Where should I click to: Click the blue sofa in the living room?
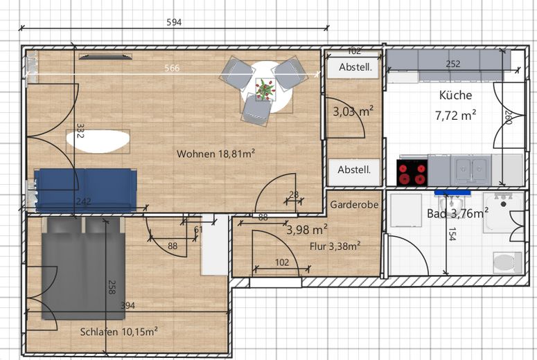pyautogui.click(x=86, y=190)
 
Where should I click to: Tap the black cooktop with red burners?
pyautogui.click(x=412, y=173)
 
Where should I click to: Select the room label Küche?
pyautogui.click(x=455, y=95)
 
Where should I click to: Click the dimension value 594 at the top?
pyautogui.click(x=174, y=23)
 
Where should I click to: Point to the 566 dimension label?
pyautogui.click(x=172, y=68)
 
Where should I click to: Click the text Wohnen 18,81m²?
pyautogui.click(x=215, y=154)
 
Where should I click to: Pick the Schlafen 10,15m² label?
pyautogui.click(x=119, y=332)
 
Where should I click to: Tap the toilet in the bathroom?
pyautogui.click(x=507, y=262)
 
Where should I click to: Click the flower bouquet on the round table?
pyautogui.click(x=265, y=89)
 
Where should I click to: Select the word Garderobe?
pyautogui.click(x=354, y=205)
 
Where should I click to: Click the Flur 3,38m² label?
pyautogui.click(x=335, y=246)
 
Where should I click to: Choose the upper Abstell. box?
pyautogui.click(x=355, y=67)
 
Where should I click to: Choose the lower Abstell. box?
pyautogui.click(x=354, y=170)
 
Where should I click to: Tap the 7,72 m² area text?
pyautogui.click(x=455, y=116)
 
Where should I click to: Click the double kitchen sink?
pyautogui.click(x=471, y=170)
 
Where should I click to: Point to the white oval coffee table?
pyautogui.click(x=98, y=141)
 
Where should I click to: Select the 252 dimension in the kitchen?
pyautogui.click(x=453, y=64)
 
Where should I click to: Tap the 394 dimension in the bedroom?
pyautogui.click(x=127, y=305)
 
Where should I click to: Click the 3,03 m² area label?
pyautogui.click(x=353, y=111)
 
